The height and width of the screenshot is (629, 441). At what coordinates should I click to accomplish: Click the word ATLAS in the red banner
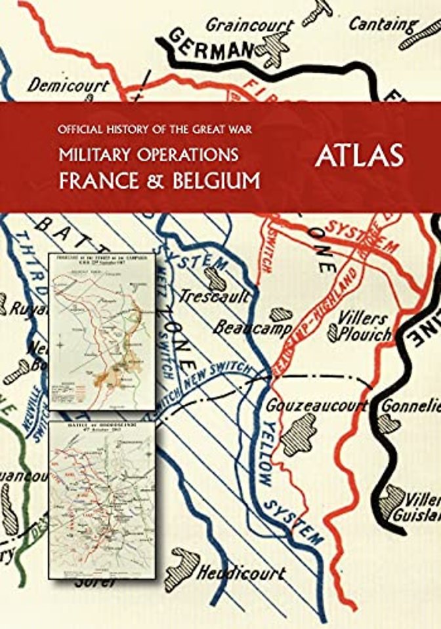(358, 157)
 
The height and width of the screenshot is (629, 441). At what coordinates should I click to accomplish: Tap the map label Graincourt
(250, 25)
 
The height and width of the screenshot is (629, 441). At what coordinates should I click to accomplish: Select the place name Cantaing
(383, 24)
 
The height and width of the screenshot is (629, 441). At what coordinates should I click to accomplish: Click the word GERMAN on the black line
(205, 45)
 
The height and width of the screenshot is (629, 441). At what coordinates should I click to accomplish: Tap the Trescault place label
(213, 295)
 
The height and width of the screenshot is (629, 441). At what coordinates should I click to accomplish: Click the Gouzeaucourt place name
(316, 406)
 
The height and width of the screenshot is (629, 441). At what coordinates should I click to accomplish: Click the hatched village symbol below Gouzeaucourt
(299, 433)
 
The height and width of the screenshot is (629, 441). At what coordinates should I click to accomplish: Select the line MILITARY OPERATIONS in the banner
(148, 155)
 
